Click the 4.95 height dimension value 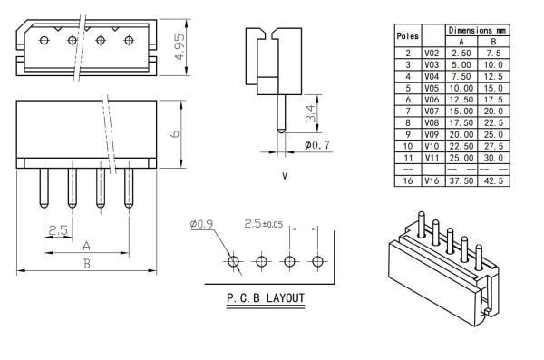click(x=180, y=46)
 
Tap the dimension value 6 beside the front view click(x=175, y=133)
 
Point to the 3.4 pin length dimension click(x=310, y=113)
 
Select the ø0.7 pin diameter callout click(x=316, y=144)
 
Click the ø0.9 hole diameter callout click(x=201, y=224)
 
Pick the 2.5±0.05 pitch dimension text click(x=263, y=224)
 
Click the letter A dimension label click(x=86, y=246)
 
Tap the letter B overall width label click(x=86, y=264)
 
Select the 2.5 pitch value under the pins click(x=58, y=229)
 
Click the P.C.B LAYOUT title click(x=266, y=297)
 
